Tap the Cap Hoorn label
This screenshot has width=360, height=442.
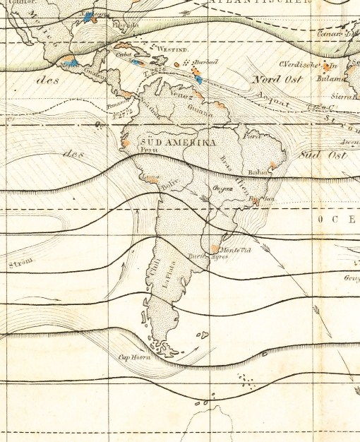coord(136,357)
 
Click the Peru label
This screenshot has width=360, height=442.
coord(148,150)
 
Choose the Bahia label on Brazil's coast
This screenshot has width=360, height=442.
coord(258,172)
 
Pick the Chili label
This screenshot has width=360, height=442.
coord(155,270)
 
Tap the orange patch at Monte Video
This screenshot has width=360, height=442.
coord(215,249)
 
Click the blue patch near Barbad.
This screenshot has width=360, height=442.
coord(199,79)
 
